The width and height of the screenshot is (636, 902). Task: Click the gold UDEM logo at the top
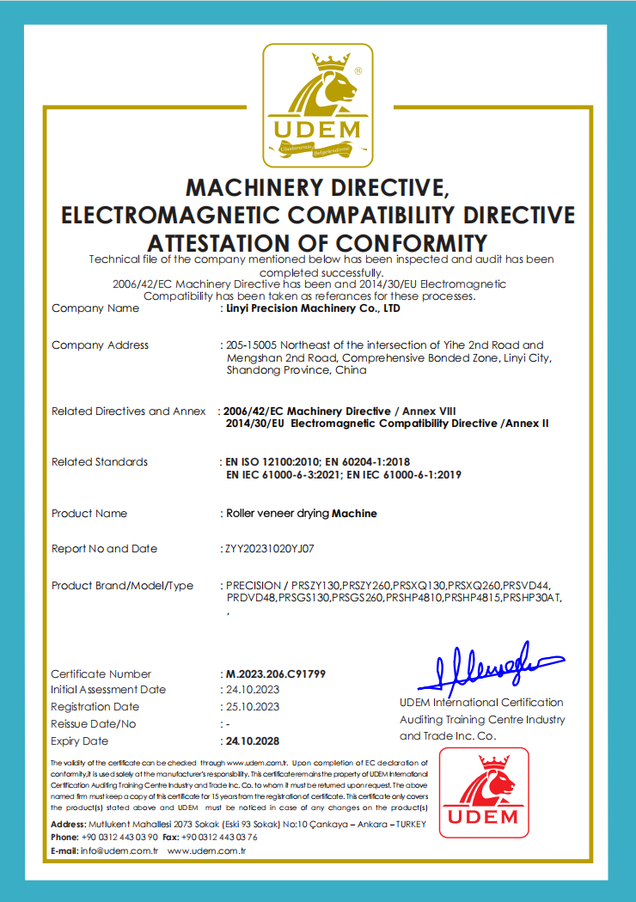click(x=317, y=106)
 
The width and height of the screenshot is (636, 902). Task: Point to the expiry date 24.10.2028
click(x=253, y=740)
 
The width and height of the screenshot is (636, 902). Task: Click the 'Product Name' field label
click(x=89, y=514)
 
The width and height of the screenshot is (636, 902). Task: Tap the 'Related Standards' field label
click(x=100, y=462)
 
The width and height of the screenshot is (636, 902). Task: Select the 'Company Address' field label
click(x=100, y=345)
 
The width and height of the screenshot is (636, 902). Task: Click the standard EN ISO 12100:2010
click(x=272, y=462)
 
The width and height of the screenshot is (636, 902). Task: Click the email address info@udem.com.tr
click(x=119, y=850)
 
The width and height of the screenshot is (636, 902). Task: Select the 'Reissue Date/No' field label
click(x=94, y=724)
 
